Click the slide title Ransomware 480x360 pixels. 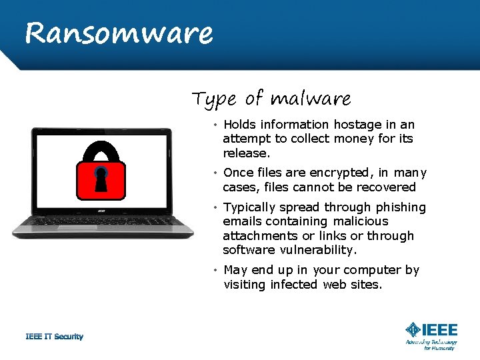tap(119, 33)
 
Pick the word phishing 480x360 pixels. tap(400, 207)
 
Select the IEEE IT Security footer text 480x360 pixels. tap(55, 337)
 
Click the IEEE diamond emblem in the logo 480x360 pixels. tap(413, 329)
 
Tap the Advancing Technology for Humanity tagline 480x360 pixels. tap(431, 345)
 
